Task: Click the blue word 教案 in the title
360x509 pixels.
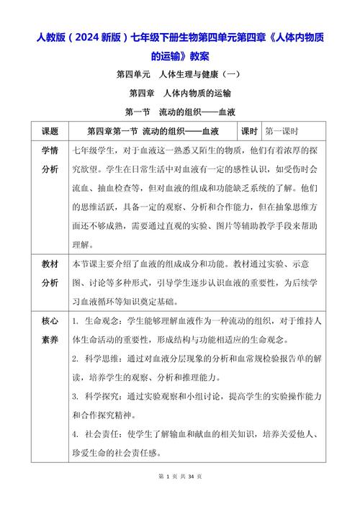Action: (x=197, y=55)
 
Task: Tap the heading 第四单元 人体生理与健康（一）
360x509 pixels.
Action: (x=180, y=74)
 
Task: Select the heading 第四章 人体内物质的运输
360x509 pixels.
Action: (x=180, y=94)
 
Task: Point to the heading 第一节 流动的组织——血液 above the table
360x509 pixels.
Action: (x=180, y=112)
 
